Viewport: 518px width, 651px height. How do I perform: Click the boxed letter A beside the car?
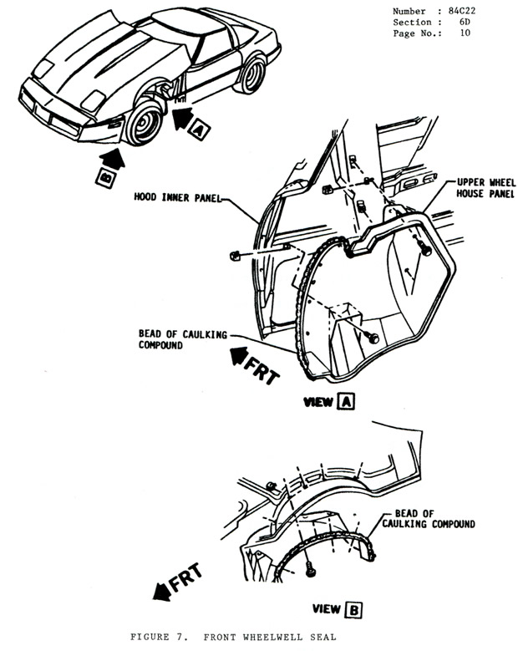197,129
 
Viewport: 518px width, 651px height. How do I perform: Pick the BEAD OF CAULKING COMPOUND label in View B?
428,519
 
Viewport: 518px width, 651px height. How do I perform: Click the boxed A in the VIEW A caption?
347,403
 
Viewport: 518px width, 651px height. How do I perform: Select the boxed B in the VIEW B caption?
355,610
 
